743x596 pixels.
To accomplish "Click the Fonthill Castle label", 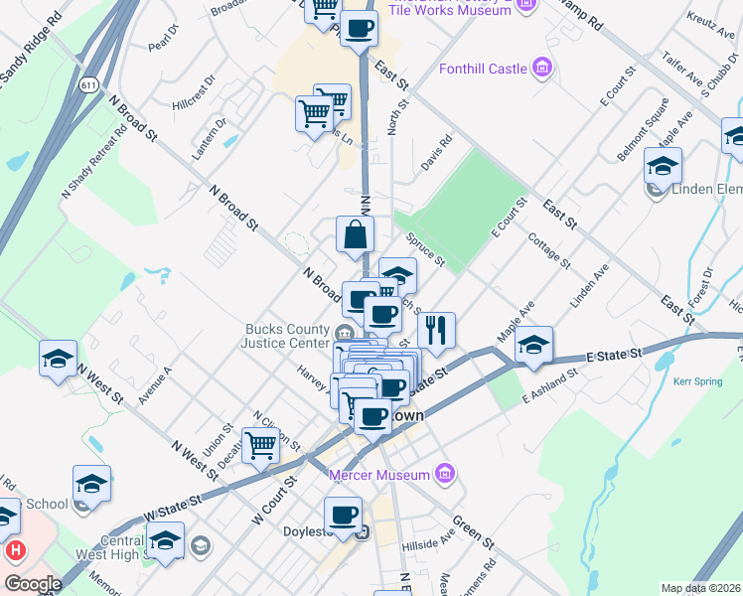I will (x=481, y=69).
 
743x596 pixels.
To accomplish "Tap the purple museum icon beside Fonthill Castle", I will (x=541, y=68).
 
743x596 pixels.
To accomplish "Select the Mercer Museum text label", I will (x=381, y=474).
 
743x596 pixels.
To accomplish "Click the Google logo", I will (x=33, y=584).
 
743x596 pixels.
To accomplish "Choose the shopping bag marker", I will (x=356, y=235).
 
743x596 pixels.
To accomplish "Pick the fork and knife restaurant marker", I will (x=436, y=330).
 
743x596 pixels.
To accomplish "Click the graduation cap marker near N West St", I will (x=59, y=359).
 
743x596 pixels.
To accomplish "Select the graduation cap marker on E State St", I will (x=533, y=345).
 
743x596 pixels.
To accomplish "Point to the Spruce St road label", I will (x=425, y=251).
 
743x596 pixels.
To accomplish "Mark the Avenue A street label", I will (x=156, y=384).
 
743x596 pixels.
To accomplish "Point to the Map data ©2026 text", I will (x=701, y=588).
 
